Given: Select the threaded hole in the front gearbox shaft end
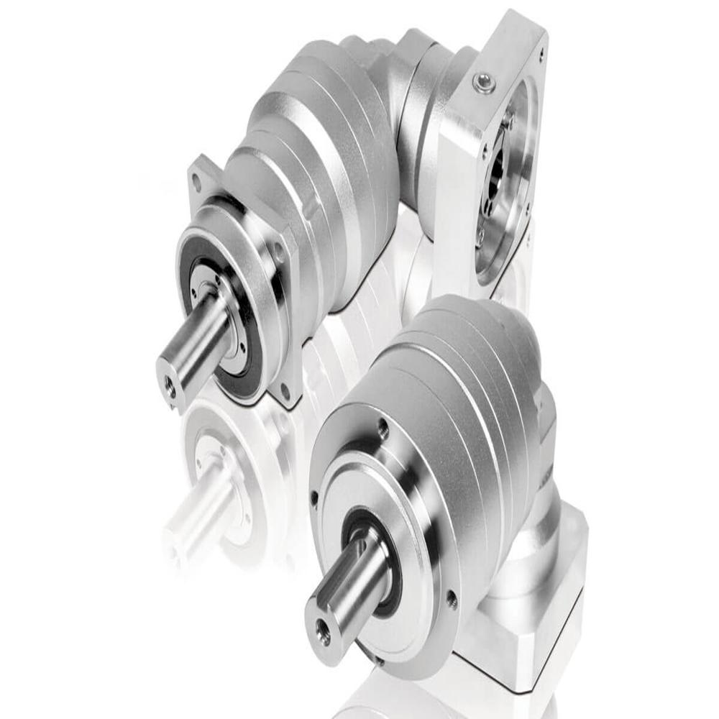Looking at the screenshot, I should pyautogui.click(x=323, y=633).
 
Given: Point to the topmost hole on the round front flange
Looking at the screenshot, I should pyautogui.click(x=383, y=429).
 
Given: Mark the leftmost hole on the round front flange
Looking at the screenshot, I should pyautogui.click(x=314, y=495).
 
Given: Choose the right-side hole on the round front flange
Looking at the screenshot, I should pyautogui.click(x=451, y=596).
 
